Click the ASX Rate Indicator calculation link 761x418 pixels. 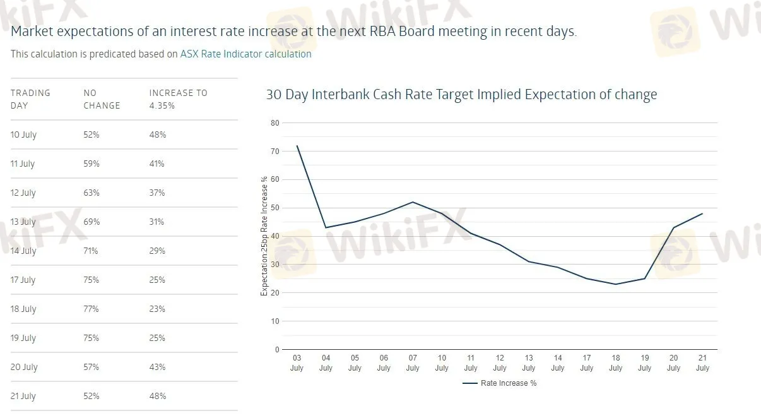tap(245, 54)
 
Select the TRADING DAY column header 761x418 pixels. tap(30, 99)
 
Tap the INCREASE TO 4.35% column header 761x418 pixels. tap(178, 99)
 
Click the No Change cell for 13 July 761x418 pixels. tap(91, 222)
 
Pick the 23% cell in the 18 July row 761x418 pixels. tap(157, 309)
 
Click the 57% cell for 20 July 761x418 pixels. tap(91, 367)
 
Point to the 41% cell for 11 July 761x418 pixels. tap(157, 164)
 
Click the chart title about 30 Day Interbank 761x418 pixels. tap(461, 95)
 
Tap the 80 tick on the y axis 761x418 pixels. tap(275, 122)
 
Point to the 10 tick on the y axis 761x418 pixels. tap(275, 321)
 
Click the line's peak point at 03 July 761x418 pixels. tap(297, 146)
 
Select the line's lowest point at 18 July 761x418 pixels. tap(616, 284)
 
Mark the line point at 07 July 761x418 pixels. tap(413, 202)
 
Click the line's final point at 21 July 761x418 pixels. tap(702, 213)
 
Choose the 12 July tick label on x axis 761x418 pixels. tap(500, 363)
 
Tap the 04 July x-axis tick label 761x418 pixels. tap(326, 363)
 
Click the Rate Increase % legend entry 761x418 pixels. tap(500, 383)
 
